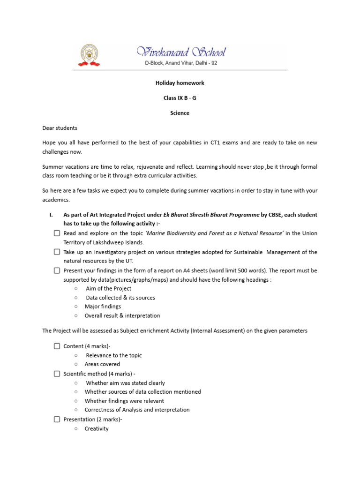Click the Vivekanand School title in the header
click(x=180, y=52)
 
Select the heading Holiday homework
click(x=180, y=83)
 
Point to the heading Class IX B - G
click(x=180, y=98)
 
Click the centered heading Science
click(x=180, y=113)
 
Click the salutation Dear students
click(x=60, y=128)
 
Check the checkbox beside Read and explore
click(x=57, y=233)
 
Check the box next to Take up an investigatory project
click(x=57, y=252)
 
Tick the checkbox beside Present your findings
click(x=57, y=270)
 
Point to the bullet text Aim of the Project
click(x=109, y=289)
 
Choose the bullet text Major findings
click(x=103, y=307)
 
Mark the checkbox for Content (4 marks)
click(x=57, y=346)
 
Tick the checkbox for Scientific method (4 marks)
click(x=57, y=374)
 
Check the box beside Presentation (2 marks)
click(x=57, y=419)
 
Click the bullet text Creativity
click(x=97, y=428)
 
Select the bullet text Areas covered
click(x=102, y=364)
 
